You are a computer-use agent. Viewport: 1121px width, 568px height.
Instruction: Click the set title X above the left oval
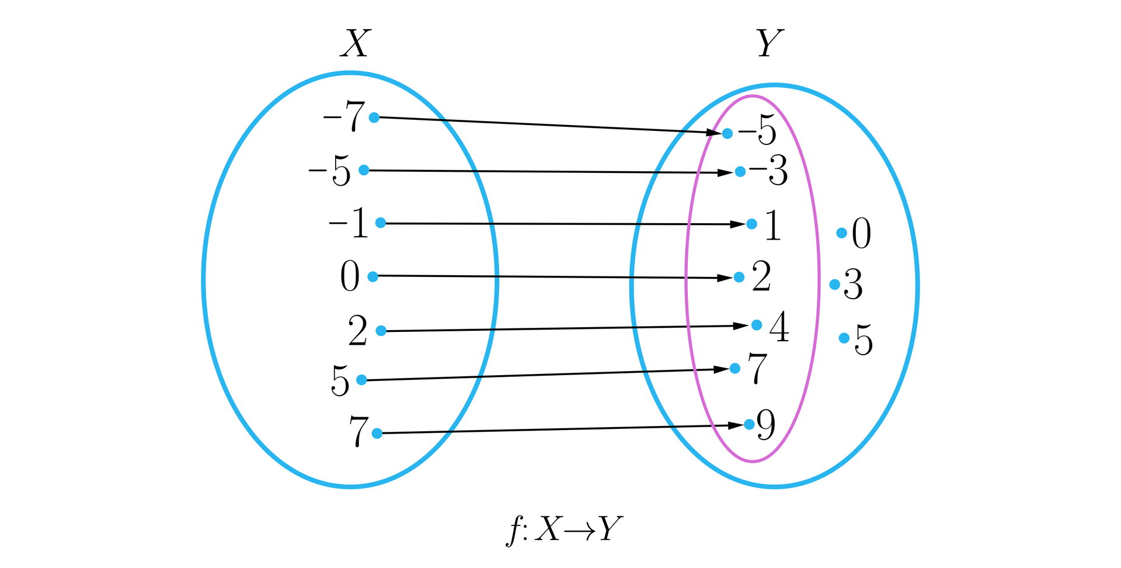tap(354, 43)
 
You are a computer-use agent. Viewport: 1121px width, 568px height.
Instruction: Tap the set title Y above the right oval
tap(770, 43)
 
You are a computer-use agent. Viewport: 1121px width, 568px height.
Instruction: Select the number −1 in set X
tap(349, 223)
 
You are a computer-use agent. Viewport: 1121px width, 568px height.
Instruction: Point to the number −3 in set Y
tap(768, 171)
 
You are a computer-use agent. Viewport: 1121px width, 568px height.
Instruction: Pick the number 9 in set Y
tap(766, 425)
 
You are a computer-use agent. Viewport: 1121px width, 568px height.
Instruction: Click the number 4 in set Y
tap(779, 327)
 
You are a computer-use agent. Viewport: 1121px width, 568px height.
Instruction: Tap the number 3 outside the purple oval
tap(853, 285)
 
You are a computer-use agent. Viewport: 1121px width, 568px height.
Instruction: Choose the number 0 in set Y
tap(861, 233)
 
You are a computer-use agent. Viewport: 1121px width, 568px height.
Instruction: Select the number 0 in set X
tap(350, 276)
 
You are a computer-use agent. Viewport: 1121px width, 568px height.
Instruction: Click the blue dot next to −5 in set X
tap(364, 170)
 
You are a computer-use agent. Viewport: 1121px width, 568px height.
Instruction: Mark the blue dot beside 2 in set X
tap(381, 331)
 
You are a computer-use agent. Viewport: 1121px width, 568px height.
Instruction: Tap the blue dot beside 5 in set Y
tap(844, 338)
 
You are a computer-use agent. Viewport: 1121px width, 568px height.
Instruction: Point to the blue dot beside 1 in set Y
tap(752, 224)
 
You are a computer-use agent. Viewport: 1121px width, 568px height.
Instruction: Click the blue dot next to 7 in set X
tap(377, 433)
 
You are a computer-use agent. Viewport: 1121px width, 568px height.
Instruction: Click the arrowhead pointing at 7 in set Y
tap(722, 369)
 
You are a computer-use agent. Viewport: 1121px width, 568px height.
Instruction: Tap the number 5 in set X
tap(340, 380)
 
